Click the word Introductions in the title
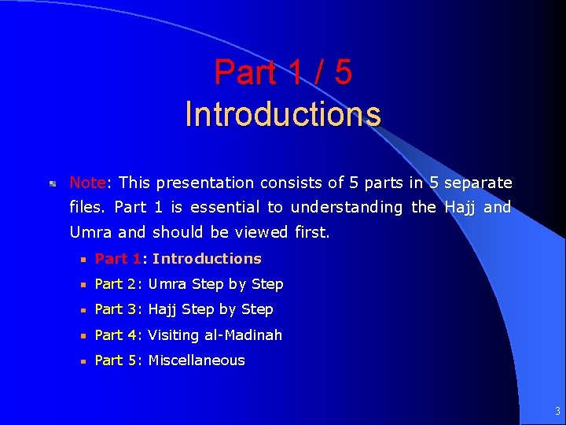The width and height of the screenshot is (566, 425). [283, 114]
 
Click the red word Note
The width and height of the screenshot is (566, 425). [87, 183]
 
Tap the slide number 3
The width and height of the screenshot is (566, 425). [557, 411]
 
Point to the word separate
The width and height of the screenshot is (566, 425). [478, 183]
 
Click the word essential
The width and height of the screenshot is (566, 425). [222, 208]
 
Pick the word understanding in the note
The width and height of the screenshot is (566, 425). [347, 208]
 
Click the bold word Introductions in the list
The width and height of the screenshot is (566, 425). [207, 259]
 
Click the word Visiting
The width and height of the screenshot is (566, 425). [174, 335]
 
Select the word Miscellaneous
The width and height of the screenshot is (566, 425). [197, 360]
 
